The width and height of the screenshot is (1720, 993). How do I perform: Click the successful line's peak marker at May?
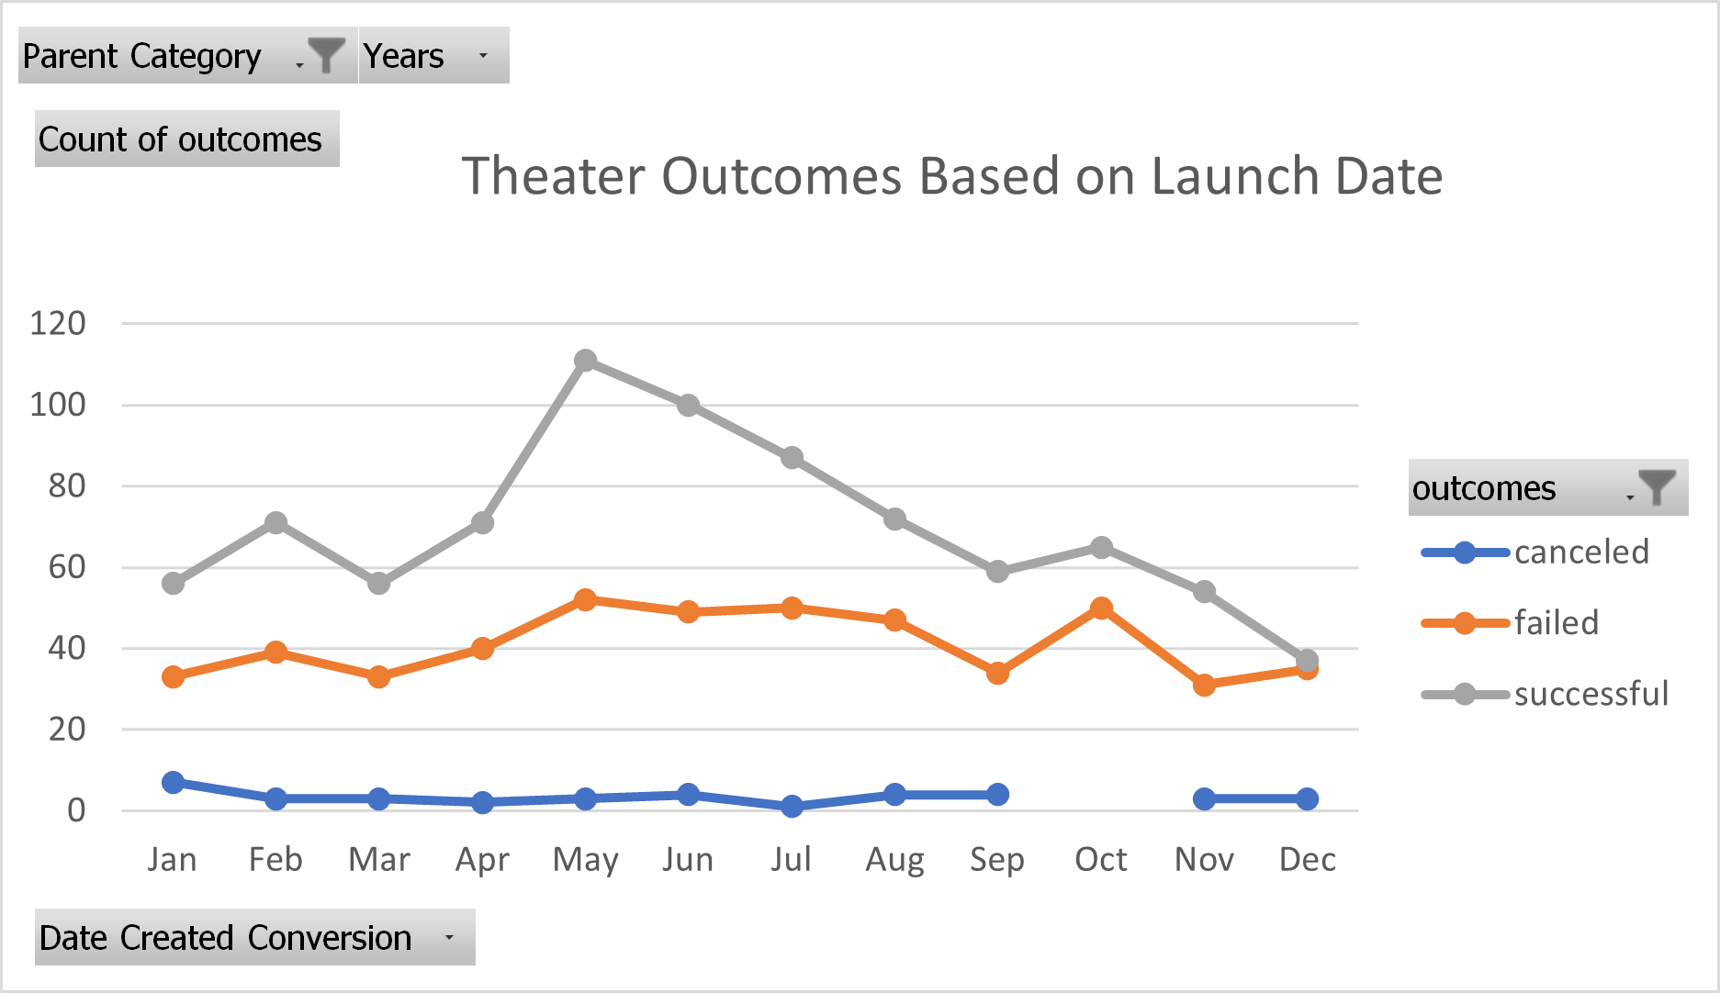pyautogui.click(x=585, y=361)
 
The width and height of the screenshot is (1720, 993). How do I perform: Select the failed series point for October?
pyautogui.click(x=1101, y=608)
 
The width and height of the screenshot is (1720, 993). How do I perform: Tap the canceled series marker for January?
pyautogui.click(x=173, y=783)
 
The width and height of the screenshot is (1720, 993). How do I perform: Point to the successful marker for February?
pyautogui.click(x=275, y=523)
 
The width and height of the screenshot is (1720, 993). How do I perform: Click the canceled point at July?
pyautogui.click(x=792, y=807)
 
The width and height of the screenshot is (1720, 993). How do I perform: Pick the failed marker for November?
pyautogui.click(x=1204, y=685)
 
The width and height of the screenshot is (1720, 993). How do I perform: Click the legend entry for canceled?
pyautogui.click(x=1580, y=552)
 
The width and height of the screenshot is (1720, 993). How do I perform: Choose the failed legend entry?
pyautogui.click(x=1556, y=623)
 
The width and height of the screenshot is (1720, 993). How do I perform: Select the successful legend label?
pyautogui.click(x=1591, y=694)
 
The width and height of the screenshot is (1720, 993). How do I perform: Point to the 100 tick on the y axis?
pyautogui.click(x=58, y=405)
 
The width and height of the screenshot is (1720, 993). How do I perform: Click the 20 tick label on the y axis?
pyautogui.click(x=66, y=730)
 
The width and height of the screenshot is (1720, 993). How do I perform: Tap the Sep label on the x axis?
pyautogui.click(x=997, y=860)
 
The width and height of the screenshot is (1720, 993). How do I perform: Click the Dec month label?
pyautogui.click(x=1307, y=860)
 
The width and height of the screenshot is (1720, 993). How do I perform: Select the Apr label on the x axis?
pyautogui.click(x=482, y=860)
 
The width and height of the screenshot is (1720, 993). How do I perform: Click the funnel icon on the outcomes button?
pyautogui.click(x=1656, y=487)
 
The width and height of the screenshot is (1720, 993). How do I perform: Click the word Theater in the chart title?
pyautogui.click(x=554, y=176)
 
